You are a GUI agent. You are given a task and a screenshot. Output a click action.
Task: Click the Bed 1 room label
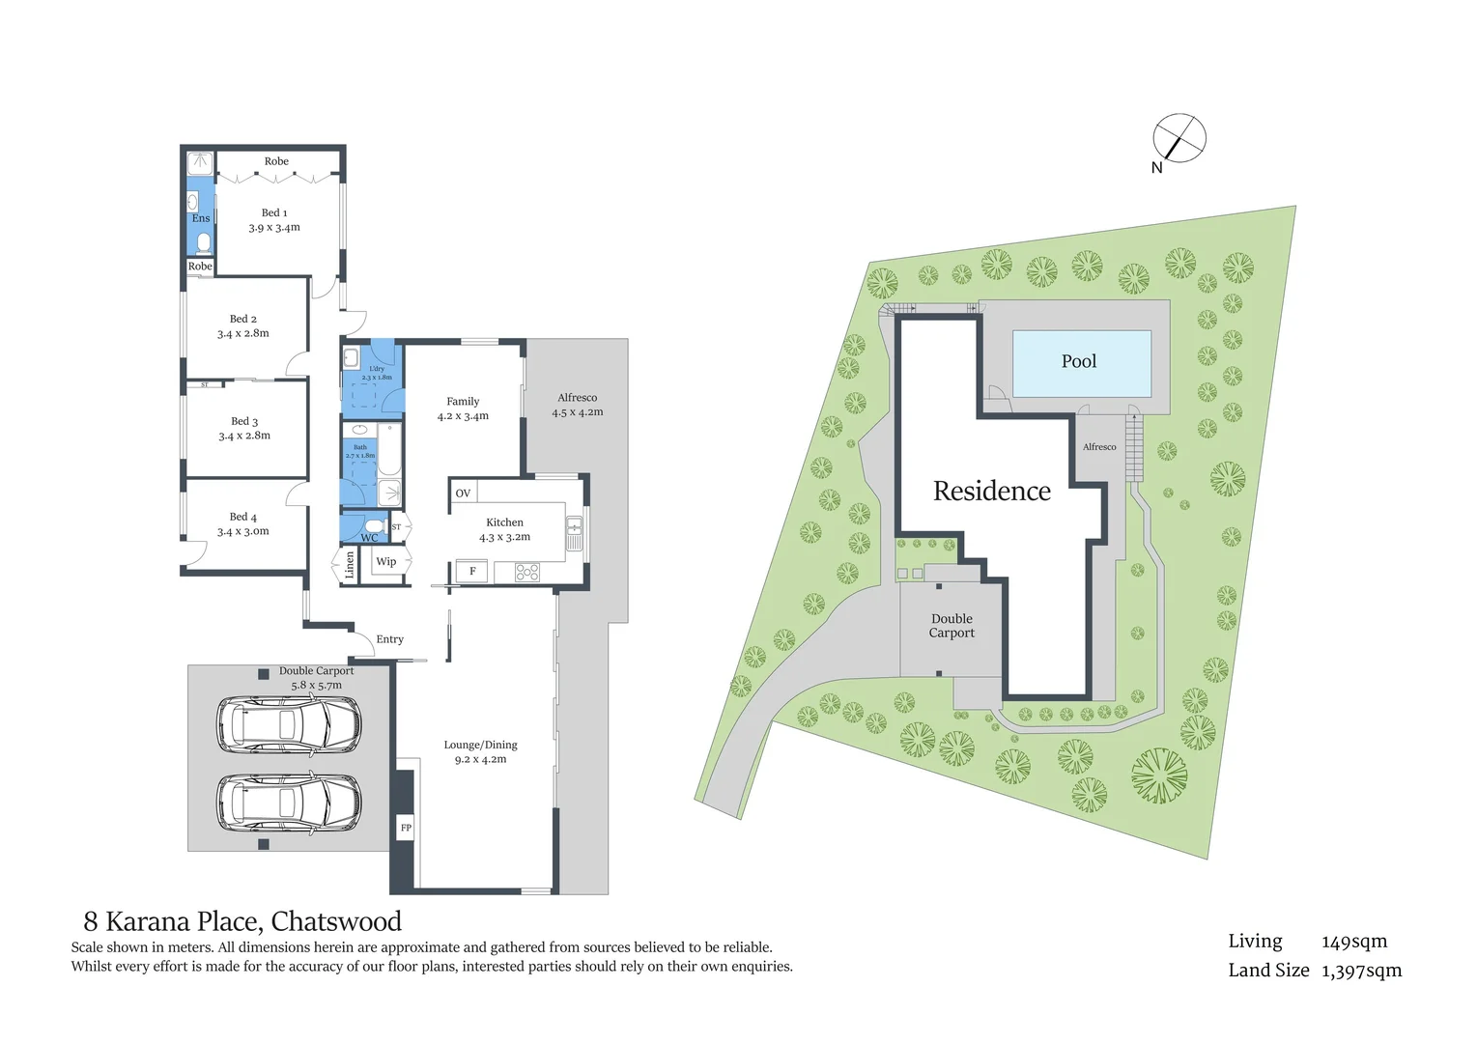[x=274, y=212]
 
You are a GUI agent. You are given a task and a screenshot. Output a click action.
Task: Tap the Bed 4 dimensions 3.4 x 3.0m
[x=243, y=531]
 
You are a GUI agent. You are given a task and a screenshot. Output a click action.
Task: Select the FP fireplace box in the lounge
[x=406, y=828]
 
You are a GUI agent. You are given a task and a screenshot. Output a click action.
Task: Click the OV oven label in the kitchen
[x=463, y=493]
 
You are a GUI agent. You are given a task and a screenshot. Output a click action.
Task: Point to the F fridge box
[x=472, y=571]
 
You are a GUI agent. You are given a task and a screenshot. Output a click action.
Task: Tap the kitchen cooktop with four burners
[x=526, y=572]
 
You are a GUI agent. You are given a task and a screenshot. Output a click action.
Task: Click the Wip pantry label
[x=385, y=562]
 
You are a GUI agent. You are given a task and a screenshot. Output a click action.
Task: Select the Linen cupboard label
[x=350, y=565]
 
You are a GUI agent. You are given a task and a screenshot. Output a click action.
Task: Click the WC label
[x=369, y=538]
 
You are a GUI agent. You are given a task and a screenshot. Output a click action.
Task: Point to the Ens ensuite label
[x=201, y=218]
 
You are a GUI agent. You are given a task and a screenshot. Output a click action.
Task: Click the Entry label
[x=389, y=639]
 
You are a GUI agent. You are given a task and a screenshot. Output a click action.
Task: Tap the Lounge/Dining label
[x=480, y=745]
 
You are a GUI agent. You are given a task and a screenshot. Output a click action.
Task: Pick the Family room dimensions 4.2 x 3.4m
[x=463, y=416]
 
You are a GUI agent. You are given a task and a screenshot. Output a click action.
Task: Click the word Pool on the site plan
[x=1079, y=361]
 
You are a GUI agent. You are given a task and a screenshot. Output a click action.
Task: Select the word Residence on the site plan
[x=992, y=492]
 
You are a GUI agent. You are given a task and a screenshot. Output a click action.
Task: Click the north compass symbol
[x=1179, y=138]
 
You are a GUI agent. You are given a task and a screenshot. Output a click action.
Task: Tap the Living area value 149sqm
[x=1353, y=942]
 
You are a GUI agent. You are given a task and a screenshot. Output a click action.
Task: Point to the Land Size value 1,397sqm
[x=1362, y=971]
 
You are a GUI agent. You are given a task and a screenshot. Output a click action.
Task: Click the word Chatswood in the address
[x=336, y=921]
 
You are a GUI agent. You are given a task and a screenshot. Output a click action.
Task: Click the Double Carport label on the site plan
[x=952, y=626]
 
